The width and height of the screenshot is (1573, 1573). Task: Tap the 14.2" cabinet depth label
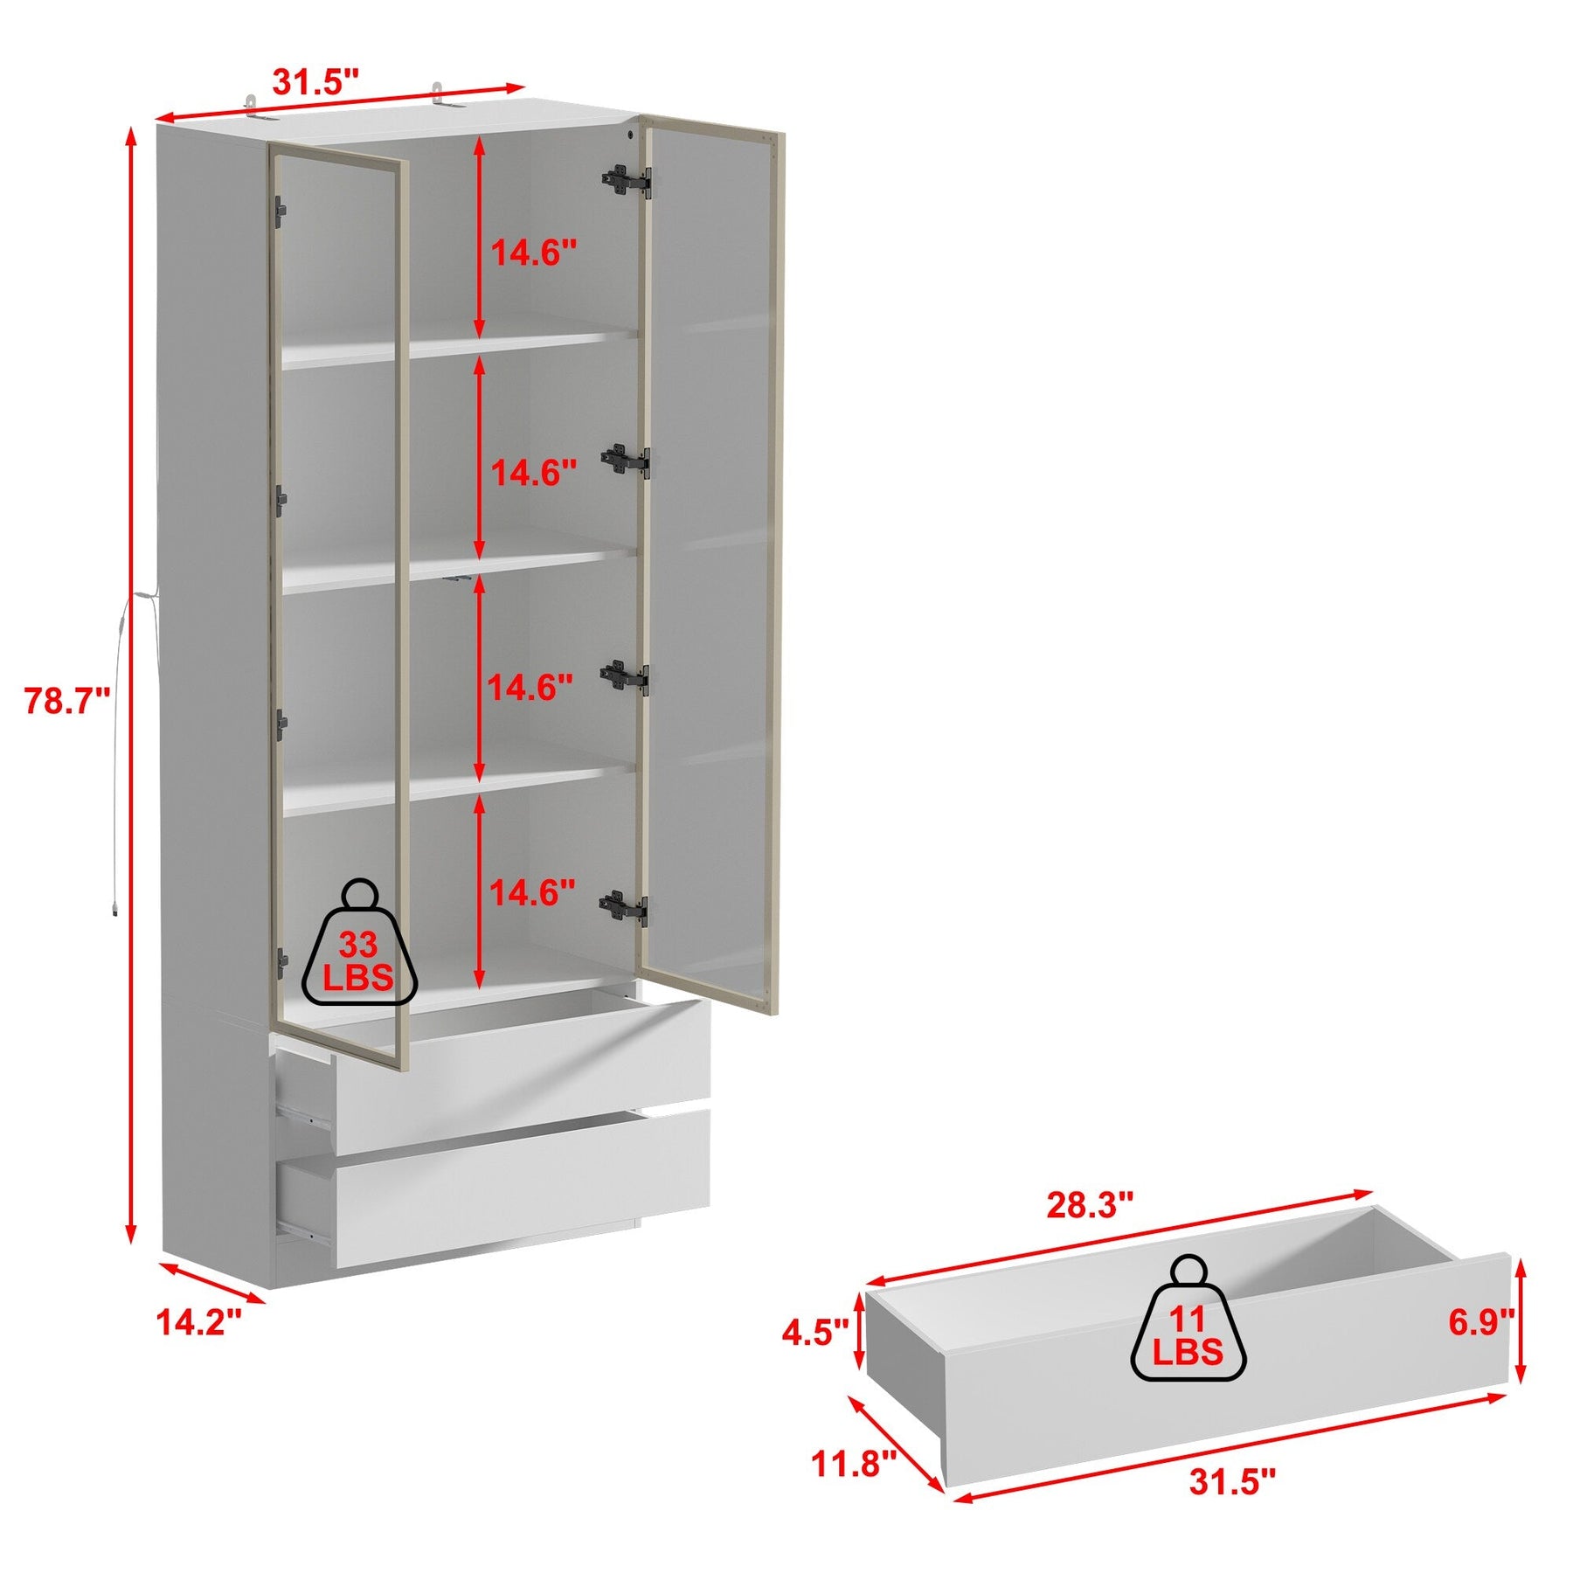pyautogui.click(x=198, y=1320)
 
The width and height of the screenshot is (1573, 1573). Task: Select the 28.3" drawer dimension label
pyautogui.click(x=1090, y=1205)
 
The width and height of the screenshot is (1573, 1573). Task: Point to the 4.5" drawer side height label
pyautogui.click(x=815, y=1334)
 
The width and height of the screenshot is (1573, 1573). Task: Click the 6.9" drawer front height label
pyautogui.click(x=1481, y=1322)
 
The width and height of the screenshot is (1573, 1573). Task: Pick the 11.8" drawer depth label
pyautogui.click(x=855, y=1462)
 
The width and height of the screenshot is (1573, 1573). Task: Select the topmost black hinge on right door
pyautogui.click(x=626, y=180)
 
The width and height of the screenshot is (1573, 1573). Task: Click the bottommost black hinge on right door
pyautogui.click(x=624, y=908)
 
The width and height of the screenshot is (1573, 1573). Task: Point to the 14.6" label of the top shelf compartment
pyautogui.click(x=533, y=253)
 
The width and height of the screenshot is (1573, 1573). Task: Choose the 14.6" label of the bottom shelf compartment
pyautogui.click(x=532, y=893)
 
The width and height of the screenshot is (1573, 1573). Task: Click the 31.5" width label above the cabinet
pyautogui.click(x=315, y=81)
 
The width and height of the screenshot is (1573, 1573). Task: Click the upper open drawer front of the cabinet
pyautogui.click(x=522, y=1077)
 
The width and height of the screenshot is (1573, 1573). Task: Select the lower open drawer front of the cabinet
pyautogui.click(x=522, y=1189)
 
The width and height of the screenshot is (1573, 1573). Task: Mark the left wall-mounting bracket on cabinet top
pyautogui.click(x=253, y=103)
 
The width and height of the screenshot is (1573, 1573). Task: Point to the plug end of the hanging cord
pyautogui.click(x=114, y=908)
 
